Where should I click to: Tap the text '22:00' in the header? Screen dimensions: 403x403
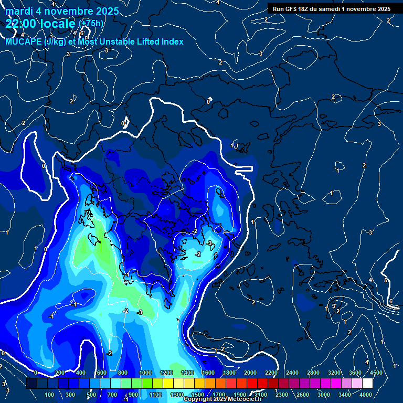[20, 24]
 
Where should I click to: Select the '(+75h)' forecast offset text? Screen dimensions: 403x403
[91, 24]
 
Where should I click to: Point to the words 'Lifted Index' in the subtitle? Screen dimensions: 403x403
[160, 41]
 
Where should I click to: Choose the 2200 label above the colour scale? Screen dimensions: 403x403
[271, 373]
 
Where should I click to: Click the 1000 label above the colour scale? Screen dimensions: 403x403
[145, 373]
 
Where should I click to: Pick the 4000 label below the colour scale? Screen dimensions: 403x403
[366, 395]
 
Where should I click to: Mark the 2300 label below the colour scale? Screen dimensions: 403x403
[281, 395]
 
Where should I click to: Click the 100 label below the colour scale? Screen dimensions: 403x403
[50, 395]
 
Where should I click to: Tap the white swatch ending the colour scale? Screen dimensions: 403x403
[367, 384]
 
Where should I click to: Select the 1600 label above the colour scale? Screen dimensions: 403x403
[208, 373]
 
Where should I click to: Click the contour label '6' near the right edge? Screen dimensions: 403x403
[391, 301]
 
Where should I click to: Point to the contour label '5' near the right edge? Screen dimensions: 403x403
[386, 281]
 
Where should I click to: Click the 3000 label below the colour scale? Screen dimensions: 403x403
[324, 395]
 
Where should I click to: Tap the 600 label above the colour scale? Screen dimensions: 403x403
[102, 373]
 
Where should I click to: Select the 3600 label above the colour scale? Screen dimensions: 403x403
[355, 373]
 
